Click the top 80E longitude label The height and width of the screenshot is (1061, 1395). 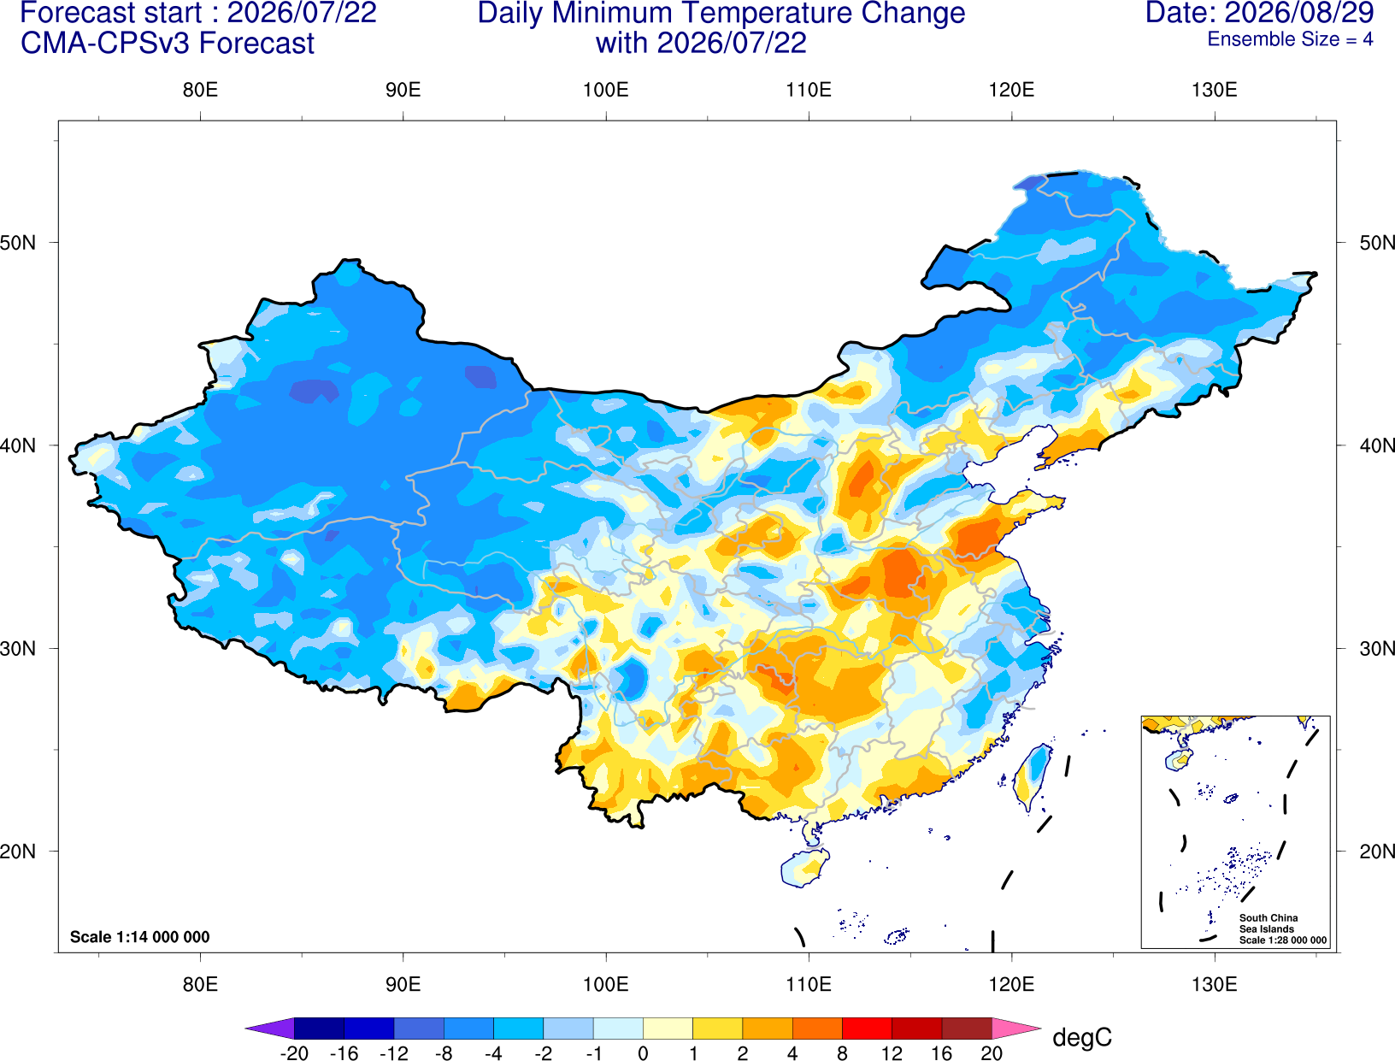pyautogui.click(x=200, y=90)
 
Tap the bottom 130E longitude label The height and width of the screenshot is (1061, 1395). pyautogui.click(x=1214, y=985)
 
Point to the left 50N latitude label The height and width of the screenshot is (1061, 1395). pyautogui.click(x=18, y=242)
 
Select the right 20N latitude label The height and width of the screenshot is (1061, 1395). pyautogui.click(x=1377, y=852)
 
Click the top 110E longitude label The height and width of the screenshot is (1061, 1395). pyautogui.click(x=809, y=90)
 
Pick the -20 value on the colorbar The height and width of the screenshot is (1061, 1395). pyautogui.click(x=294, y=1053)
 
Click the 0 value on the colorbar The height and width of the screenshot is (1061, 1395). pyautogui.click(x=643, y=1053)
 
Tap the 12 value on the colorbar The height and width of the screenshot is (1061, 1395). pyautogui.click(x=892, y=1053)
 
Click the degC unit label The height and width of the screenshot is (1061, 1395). pyautogui.click(x=1081, y=1037)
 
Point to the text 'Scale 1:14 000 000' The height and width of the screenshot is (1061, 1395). pyautogui.click(x=140, y=936)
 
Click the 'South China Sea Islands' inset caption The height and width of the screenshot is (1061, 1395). pyautogui.click(x=1268, y=923)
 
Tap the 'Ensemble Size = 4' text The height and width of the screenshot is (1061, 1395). pyautogui.click(x=1290, y=39)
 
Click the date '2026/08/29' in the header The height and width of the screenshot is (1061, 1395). pyautogui.click(x=1298, y=13)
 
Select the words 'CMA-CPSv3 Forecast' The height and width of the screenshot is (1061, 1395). pyautogui.click(x=168, y=44)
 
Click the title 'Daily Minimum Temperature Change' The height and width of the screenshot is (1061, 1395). pyautogui.click(x=721, y=14)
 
